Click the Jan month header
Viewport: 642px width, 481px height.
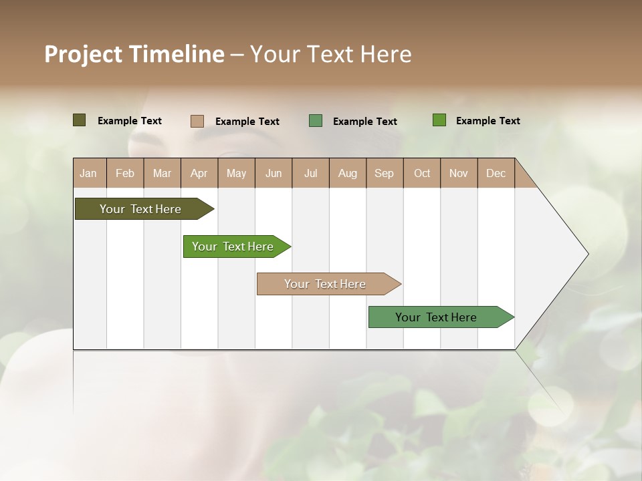pyautogui.click(x=88, y=173)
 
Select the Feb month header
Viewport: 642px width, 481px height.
pyautogui.click(x=125, y=173)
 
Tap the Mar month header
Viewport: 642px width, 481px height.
pyautogui.click(x=162, y=173)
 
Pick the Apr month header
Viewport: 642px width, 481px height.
pyautogui.click(x=199, y=173)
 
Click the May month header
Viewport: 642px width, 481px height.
pyautogui.click(x=236, y=173)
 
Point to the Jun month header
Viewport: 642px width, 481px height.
pyautogui.click(x=274, y=173)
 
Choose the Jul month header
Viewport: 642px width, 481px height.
pyautogui.click(x=310, y=173)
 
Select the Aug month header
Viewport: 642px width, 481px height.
pyautogui.click(x=347, y=173)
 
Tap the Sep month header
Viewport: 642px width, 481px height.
pyautogui.click(x=384, y=173)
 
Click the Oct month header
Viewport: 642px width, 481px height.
pyautogui.click(x=422, y=173)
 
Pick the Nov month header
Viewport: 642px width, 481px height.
pyautogui.click(x=458, y=173)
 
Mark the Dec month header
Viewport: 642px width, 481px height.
pyautogui.click(x=496, y=173)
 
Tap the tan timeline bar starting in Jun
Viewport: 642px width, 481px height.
pyautogui.click(x=326, y=284)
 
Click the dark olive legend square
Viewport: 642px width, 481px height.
pyautogui.click(x=80, y=120)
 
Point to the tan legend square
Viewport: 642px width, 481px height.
pyautogui.click(x=197, y=121)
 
